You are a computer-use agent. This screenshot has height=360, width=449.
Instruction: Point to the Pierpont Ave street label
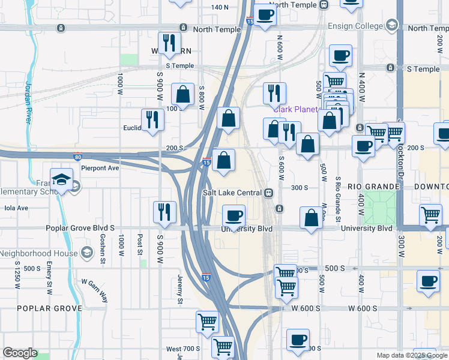tap(100, 169)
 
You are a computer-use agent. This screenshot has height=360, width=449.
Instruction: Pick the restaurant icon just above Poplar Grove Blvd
tap(164, 212)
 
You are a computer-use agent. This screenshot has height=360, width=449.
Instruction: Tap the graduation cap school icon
tap(62, 179)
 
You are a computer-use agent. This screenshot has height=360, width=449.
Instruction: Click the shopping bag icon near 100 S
tap(182, 94)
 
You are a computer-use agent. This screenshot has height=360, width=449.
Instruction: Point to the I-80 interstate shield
tap(78, 157)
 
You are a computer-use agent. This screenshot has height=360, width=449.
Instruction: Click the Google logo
tap(20, 353)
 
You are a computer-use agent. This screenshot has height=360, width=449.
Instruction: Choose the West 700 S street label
tap(182, 349)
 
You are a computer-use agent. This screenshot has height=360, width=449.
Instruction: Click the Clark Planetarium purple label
tap(295, 109)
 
